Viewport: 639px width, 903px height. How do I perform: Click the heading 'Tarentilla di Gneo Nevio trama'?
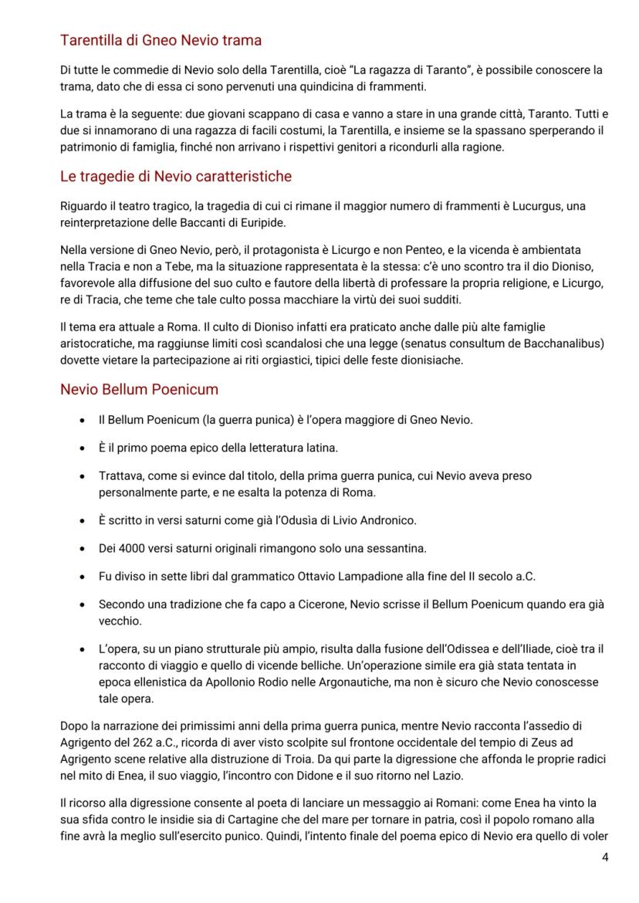(161, 40)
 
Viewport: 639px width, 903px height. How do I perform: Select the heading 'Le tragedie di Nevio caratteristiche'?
(176, 177)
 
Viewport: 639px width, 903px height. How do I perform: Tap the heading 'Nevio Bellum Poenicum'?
(139, 389)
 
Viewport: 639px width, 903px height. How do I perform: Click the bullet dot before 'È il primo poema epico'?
(83, 448)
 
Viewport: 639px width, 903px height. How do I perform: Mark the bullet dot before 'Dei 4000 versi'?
(83, 548)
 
